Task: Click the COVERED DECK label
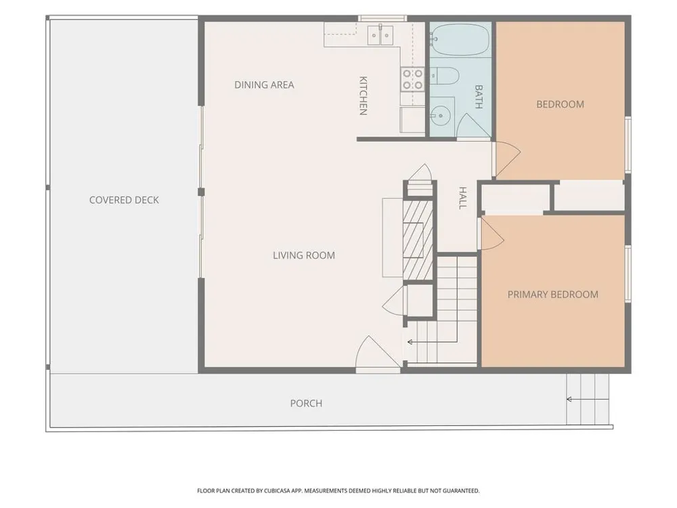click(124, 200)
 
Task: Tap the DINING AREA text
click(264, 85)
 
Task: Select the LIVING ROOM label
click(304, 255)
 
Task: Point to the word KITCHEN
click(363, 96)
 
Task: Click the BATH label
click(479, 97)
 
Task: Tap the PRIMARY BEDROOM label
click(552, 295)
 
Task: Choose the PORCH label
click(306, 404)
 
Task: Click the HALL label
click(462, 198)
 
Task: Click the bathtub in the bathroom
click(460, 39)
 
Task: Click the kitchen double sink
click(380, 35)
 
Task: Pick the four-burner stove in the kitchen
click(413, 79)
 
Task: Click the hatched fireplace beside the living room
click(418, 240)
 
